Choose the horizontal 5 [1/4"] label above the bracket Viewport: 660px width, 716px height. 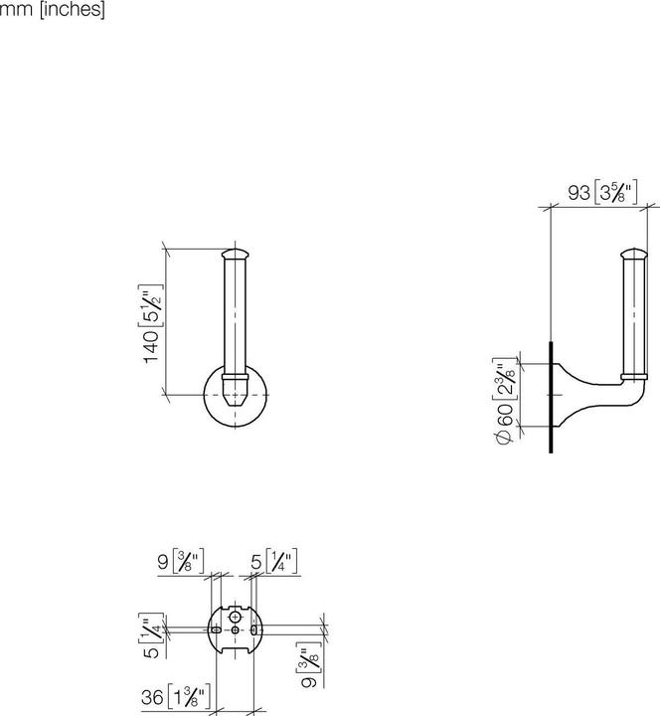pos(273,562)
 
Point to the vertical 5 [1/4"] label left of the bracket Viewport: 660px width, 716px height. pos(151,636)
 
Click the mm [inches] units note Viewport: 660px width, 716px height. pos(53,11)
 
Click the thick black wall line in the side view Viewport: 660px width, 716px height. pos(550,398)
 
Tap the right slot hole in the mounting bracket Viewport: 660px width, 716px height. pos(254,629)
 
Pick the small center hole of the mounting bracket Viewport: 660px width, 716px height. pos(236,629)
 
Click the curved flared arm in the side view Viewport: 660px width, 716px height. pos(581,393)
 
